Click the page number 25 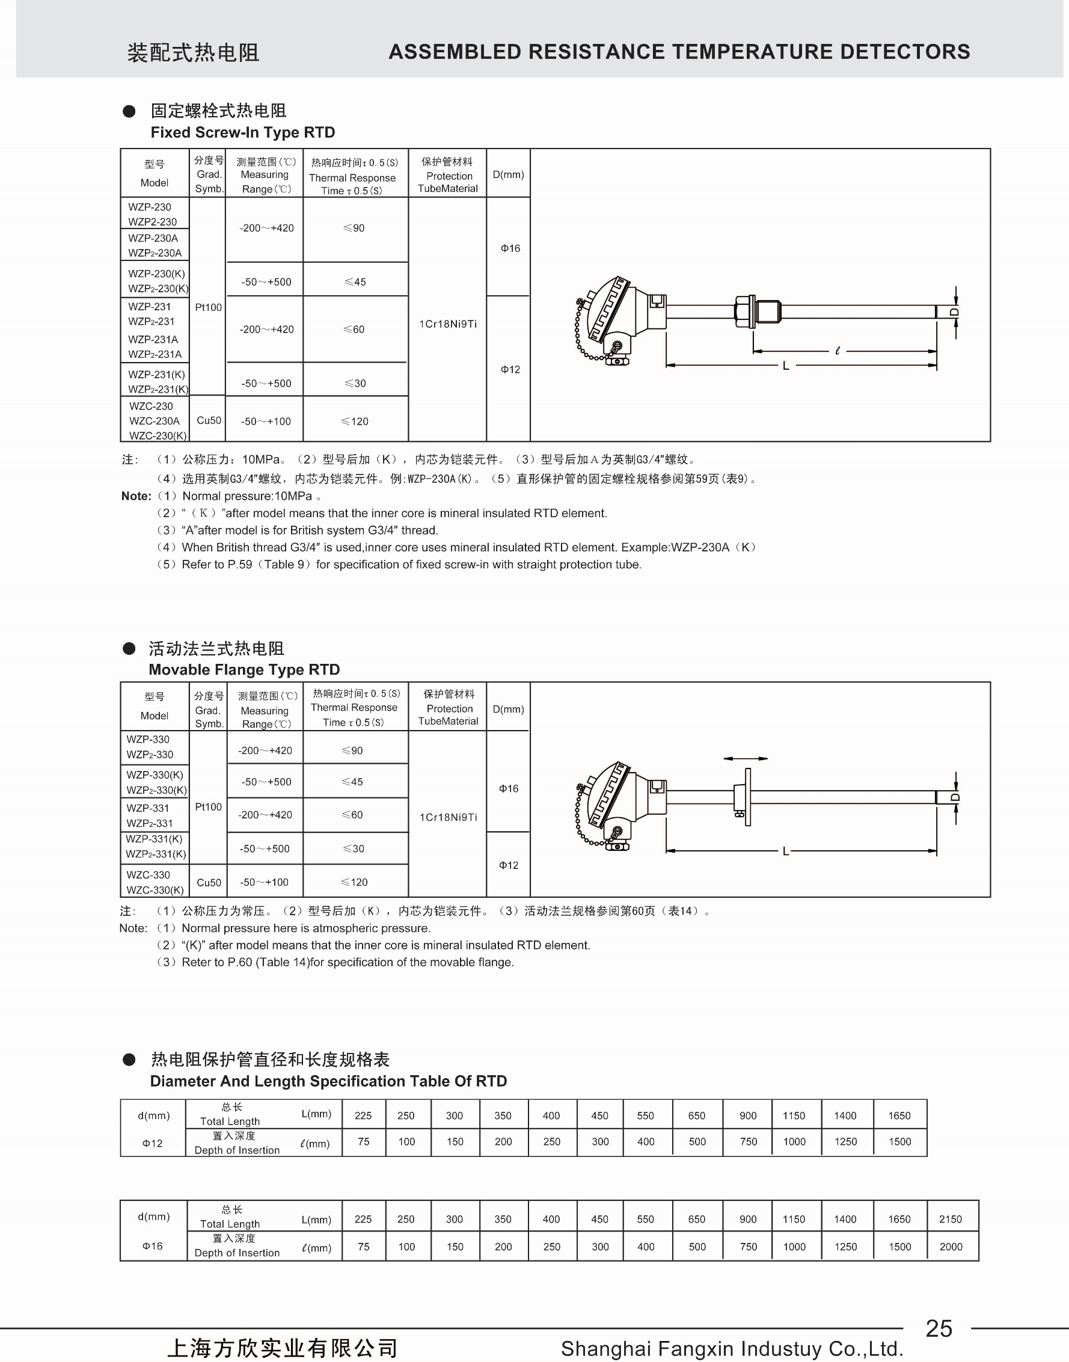[x=938, y=1328]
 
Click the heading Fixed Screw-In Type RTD [x=243, y=132]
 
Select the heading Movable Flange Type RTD [x=244, y=669]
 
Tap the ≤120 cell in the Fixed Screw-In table [x=355, y=422]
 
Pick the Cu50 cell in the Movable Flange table [x=209, y=882]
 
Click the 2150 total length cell [x=950, y=1219]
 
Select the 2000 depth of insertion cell [x=951, y=1246]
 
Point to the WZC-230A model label [x=154, y=420]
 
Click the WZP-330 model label [x=148, y=739]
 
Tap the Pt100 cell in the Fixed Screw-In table [x=209, y=307]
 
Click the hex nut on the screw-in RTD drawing [x=743, y=311]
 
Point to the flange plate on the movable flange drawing [x=747, y=797]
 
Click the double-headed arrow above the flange [x=745, y=759]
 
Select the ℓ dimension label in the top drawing [x=838, y=351]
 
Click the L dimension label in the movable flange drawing [x=786, y=851]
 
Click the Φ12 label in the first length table [x=152, y=1143]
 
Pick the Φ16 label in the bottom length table [x=152, y=1245]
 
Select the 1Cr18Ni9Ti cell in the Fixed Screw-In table [x=447, y=324]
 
